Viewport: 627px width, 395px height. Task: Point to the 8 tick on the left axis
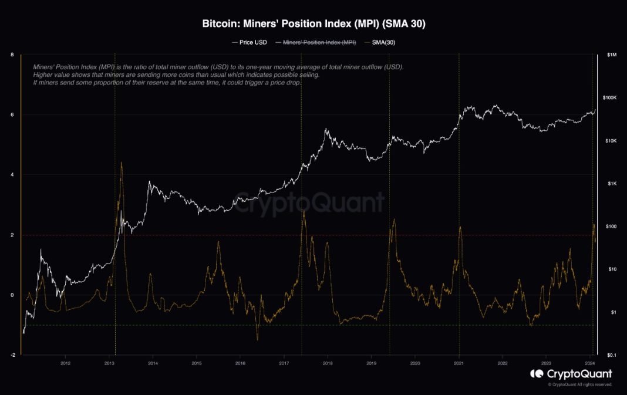(x=12, y=55)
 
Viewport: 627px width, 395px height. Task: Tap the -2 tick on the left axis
(x=12, y=355)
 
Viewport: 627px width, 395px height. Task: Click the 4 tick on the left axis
(x=12, y=175)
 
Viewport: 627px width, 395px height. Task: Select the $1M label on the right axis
(x=612, y=55)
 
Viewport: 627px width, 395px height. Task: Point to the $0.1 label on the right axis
(x=611, y=355)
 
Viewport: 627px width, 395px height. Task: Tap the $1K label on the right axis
(x=611, y=184)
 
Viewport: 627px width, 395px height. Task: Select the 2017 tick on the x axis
(x=284, y=363)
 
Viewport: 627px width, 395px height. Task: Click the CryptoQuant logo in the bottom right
(x=571, y=374)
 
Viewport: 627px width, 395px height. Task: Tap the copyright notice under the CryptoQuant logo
(x=580, y=384)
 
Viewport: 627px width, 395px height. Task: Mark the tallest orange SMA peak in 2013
(x=122, y=163)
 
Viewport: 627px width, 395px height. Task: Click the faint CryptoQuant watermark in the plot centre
(x=310, y=202)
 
